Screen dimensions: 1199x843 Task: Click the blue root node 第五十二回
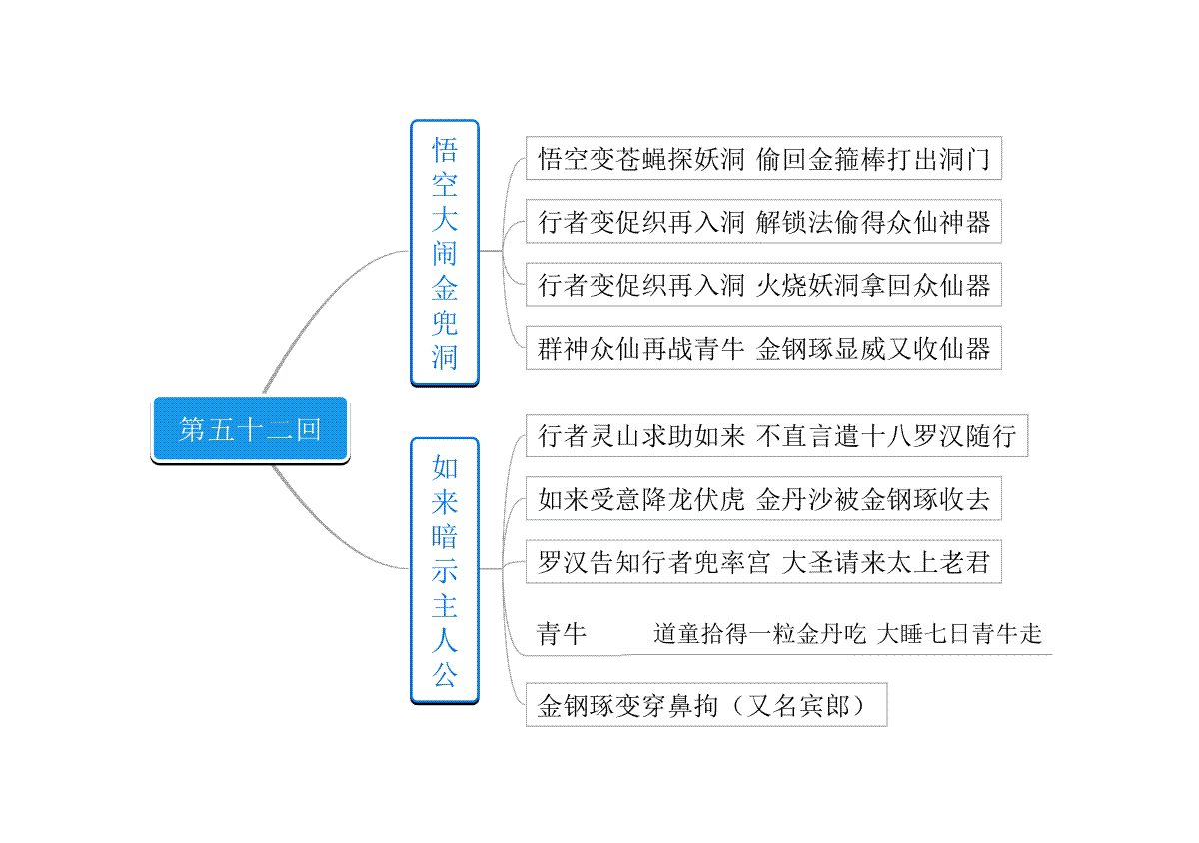[x=250, y=429]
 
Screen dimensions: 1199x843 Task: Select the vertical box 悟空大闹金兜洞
[x=445, y=252]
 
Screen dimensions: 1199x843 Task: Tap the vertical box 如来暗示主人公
[x=445, y=570]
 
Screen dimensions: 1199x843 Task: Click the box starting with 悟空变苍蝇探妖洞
[x=763, y=158]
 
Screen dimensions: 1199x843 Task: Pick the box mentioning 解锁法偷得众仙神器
[x=763, y=221]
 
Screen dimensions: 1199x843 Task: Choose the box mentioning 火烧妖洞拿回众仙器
[x=763, y=285]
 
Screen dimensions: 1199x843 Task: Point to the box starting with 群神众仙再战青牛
[x=763, y=348]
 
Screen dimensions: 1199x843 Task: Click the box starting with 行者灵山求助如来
[x=776, y=435]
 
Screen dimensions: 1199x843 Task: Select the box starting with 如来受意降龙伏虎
[x=763, y=498]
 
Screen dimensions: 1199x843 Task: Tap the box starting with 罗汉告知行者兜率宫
[x=763, y=562]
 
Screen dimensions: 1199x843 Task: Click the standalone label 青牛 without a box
[x=561, y=633]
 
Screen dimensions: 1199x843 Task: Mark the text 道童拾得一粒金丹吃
[x=759, y=633]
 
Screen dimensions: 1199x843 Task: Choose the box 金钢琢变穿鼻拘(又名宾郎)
[x=706, y=705]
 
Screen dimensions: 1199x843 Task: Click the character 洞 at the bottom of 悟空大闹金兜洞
[x=445, y=357]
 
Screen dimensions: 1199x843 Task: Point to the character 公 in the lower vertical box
[x=445, y=675]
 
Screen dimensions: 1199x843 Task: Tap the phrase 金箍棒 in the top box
[x=847, y=159]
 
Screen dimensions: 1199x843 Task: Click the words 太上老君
[x=938, y=562]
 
